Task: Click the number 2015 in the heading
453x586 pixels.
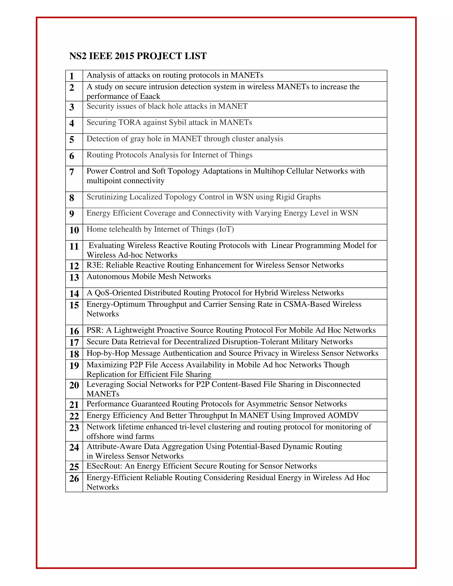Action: (x=124, y=56)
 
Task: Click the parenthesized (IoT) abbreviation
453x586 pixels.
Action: (x=225, y=229)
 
